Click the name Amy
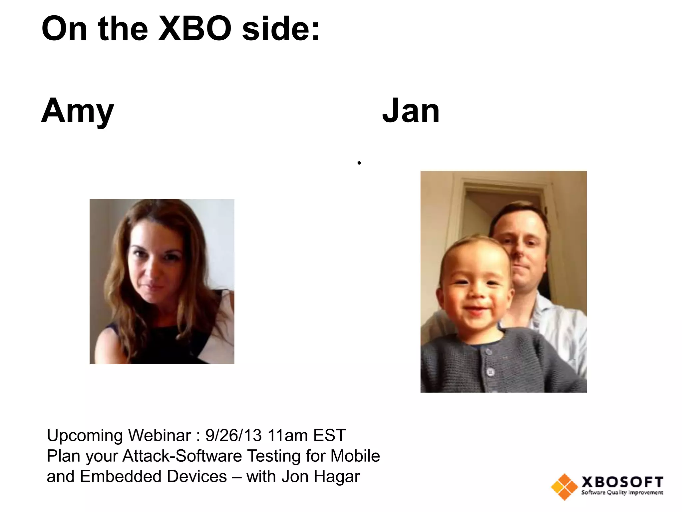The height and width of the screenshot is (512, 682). coord(77,111)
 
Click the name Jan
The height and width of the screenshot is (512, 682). coord(411,111)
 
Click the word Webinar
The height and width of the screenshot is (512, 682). coord(160,435)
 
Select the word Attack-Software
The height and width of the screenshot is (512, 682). coord(182,456)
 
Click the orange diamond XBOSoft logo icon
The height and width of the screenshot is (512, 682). coord(564,487)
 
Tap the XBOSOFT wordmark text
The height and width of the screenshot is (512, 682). coord(622,482)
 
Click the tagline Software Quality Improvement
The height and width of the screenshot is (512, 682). coord(622,493)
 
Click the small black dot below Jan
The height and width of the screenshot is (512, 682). coord(359,163)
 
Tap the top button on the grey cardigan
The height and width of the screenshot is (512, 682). coord(489,352)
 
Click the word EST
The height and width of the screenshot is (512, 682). coord(329,435)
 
